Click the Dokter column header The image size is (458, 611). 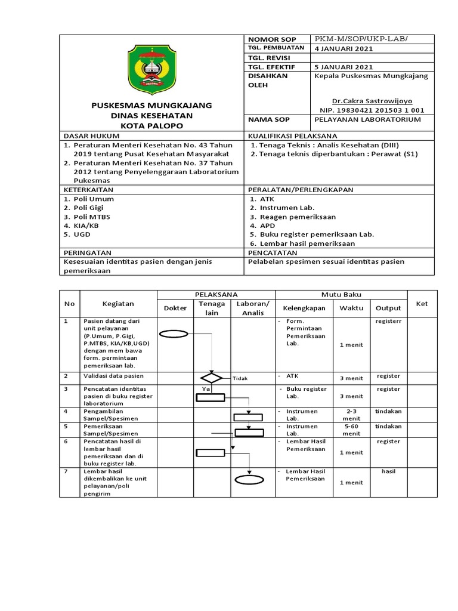[175, 308]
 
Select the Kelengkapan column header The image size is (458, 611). [304, 308]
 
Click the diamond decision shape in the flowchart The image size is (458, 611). [211, 378]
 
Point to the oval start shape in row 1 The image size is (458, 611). [174, 334]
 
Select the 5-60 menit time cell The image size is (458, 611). [352, 431]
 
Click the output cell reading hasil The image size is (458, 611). [388, 471]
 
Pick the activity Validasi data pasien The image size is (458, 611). [113, 377]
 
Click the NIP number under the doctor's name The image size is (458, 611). [373, 110]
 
